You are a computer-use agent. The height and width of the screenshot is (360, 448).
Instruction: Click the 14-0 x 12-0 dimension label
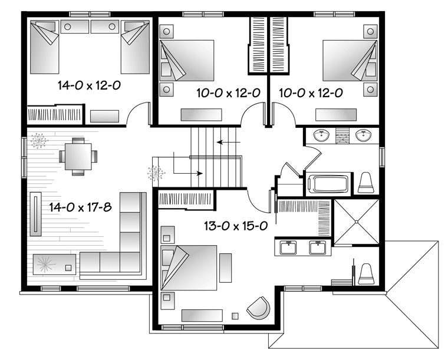pyautogui.click(x=89, y=85)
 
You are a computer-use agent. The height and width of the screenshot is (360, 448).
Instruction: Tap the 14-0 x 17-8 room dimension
pyautogui.click(x=80, y=207)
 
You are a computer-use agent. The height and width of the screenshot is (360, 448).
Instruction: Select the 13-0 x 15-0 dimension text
pyautogui.click(x=236, y=226)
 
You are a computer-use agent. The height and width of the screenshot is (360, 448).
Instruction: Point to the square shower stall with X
pyautogui.click(x=356, y=222)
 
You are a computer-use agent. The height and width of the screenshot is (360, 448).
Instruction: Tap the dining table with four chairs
pyautogui.click(x=78, y=157)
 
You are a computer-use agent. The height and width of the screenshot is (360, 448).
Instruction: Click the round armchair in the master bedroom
pyautogui.click(x=259, y=308)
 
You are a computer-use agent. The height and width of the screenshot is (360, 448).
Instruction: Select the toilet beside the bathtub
pyautogui.click(x=366, y=183)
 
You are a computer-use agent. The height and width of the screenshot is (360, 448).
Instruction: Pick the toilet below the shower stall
pyautogui.click(x=366, y=274)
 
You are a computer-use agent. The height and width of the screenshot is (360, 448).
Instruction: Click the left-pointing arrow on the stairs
pyautogui.click(x=229, y=142)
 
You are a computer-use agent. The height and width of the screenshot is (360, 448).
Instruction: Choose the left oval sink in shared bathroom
pyautogui.click(x=321, y=136)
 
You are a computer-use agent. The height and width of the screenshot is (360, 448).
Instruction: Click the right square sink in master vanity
pyautogui.click(x=317, y=247)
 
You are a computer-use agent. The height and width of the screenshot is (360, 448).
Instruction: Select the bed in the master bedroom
pyautogui.click(x=189, y=267)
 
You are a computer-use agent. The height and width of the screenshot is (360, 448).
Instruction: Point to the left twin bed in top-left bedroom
pyautogui.click(x=45, y=47)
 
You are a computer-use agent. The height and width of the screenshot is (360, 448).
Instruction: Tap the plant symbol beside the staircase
pyautogui.click(x=156, y=173)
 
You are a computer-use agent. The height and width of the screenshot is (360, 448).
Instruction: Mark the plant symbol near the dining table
pyautogui.click(x=39, y=140)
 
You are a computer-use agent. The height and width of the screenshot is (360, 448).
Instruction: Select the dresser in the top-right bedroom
pyautogui.click(x=336, y=114)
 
